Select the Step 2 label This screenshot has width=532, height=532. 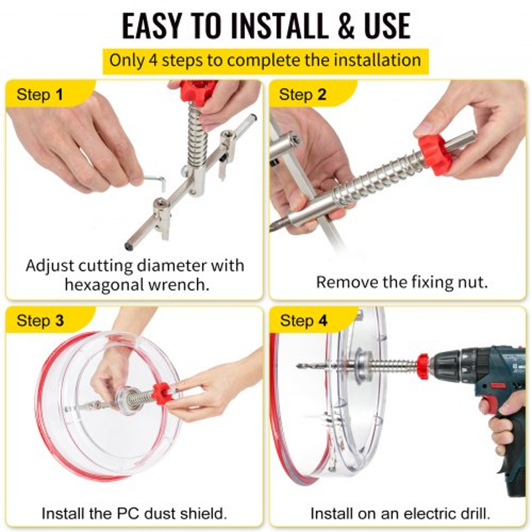pyautogui.click(x=303, y=94)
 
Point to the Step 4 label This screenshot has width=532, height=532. pyautogui.click(x=303, y=321)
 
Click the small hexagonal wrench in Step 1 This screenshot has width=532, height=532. pyautogui.click(x=154, y=181)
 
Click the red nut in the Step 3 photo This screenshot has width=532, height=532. pyautogui.click(x=161, y=393)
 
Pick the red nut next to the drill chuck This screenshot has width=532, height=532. pyautogui.click(x=422, y=366)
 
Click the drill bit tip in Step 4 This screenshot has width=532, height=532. pyautogui.click(x=301, y=366)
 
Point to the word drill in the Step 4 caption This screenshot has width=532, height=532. pyautogui.click(x=470, y=513)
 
